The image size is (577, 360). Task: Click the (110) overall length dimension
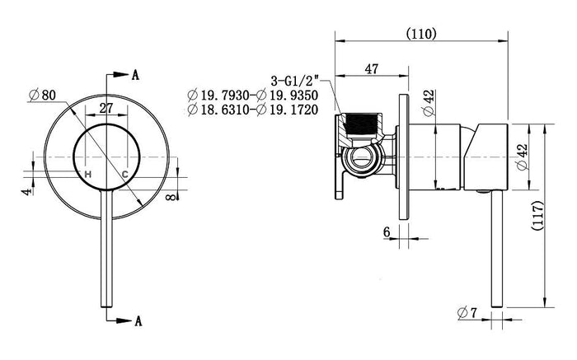click(x=421, y=34)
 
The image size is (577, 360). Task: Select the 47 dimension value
click(x=371, y=68)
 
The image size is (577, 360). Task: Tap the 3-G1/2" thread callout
click(x=295, y=81)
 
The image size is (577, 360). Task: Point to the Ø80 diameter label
click(x=42, y=96)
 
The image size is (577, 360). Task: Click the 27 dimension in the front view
click(x=106, y=108)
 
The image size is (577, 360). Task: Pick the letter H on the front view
click(x=88, y=175)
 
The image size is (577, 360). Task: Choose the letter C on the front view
click(x=125, y=175)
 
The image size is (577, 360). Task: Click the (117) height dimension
click(x=537, y=216)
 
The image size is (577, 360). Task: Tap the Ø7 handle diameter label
click(x=467, y=313)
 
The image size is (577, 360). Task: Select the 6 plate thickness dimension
click(x=387, y=231)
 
